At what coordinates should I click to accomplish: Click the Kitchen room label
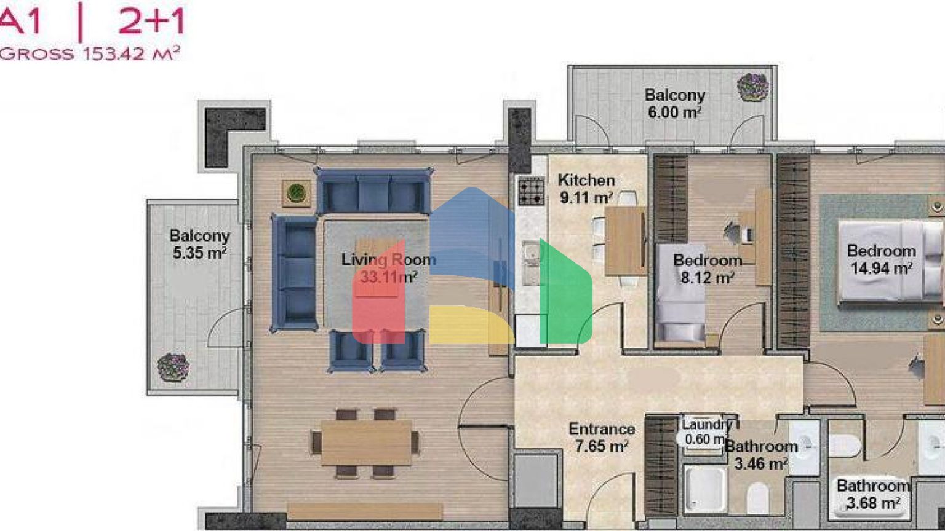pos(586,180)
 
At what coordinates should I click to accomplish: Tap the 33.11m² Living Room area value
pos(389,277)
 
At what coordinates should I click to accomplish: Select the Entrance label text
pos(602,429)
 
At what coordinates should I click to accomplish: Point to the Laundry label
pos(707,425)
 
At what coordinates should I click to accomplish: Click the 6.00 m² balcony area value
pos(675,112)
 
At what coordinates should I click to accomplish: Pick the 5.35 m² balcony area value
pos(199,253)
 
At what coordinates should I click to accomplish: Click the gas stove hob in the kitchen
pos(531,191)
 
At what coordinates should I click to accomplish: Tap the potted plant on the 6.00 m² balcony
pos(753,87)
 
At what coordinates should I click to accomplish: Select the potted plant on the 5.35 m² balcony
pos(173,367)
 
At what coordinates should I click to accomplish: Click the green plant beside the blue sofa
pos(297,194)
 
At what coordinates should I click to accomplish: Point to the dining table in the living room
pos(366,442)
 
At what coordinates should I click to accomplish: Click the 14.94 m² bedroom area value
pos(882,269)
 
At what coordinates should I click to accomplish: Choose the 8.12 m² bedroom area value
pos(708,278)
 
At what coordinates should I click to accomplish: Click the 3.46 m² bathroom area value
pos(760,464)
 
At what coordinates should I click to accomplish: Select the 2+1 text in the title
pos(151,22)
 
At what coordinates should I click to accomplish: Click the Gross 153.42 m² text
pos(90,54)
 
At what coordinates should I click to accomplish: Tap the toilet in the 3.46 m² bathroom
pos(758,498)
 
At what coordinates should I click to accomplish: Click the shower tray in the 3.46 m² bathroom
pos(705,489)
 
